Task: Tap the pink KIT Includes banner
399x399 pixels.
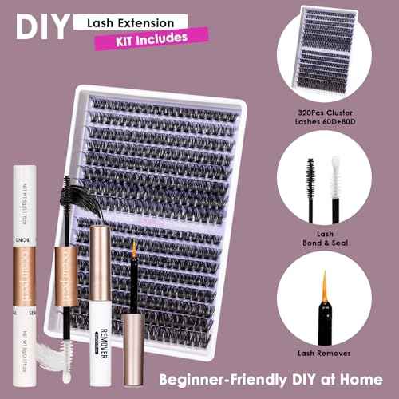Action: [x=142, y=38]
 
